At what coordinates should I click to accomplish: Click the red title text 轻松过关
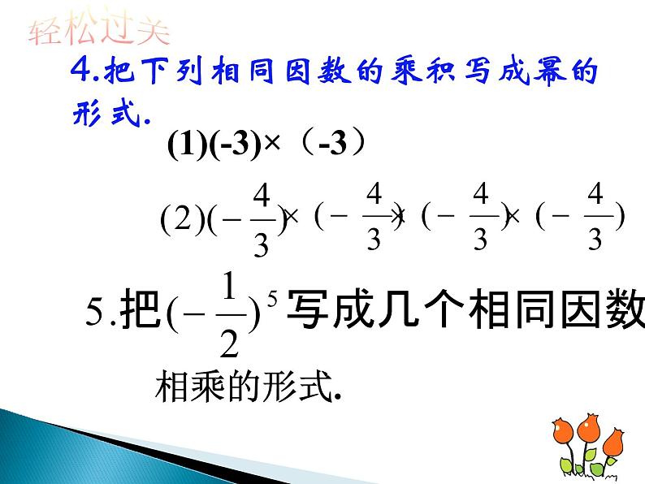pos(99,32)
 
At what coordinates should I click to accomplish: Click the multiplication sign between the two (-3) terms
pos(267,146)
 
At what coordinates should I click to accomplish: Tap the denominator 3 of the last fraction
pos(595,241)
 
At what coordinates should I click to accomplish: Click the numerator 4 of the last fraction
pos(595,196)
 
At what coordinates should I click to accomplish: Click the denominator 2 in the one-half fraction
pos(229,343)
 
